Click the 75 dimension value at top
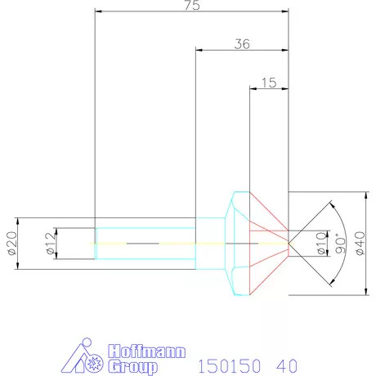coord(191,6)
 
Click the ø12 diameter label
coord(51,243)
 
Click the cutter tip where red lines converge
coord(289,243)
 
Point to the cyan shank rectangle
coord(147,243)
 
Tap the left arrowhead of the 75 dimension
coord(98,11)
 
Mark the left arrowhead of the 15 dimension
coord(253,88)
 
